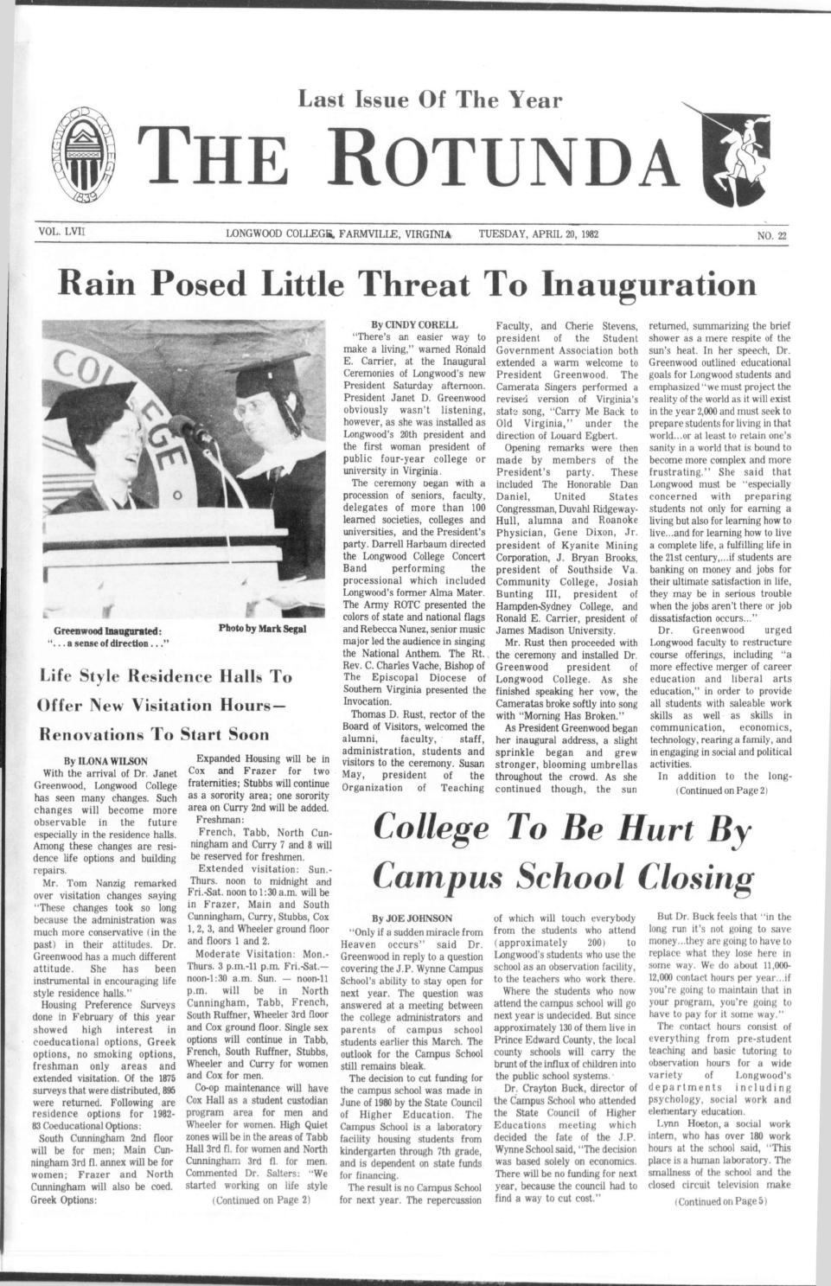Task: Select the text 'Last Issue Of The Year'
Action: (x=430, y=101)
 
